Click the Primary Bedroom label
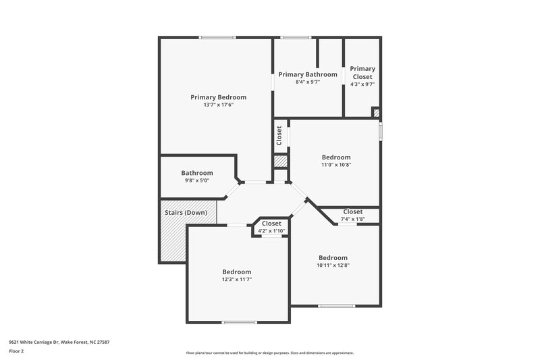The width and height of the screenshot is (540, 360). point(218,97)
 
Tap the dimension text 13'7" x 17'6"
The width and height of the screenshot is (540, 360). point(218,105)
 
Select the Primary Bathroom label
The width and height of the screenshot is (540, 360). point(308,74)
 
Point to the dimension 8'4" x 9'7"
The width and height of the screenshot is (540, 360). point(308,82)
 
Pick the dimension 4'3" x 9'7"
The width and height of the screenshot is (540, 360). point(362,84)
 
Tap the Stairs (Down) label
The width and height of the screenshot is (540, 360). point(186,213)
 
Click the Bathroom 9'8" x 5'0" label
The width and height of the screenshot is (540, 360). point(197,173)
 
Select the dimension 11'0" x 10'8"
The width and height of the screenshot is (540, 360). point(335,165)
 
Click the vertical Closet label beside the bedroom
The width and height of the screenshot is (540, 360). point(279,135)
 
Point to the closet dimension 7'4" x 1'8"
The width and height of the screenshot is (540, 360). point(353,220)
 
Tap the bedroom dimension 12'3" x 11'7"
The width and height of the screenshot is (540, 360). point(237,280)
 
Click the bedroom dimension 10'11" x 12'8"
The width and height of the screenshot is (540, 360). point(333,265)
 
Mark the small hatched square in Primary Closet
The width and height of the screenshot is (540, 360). point(376,113)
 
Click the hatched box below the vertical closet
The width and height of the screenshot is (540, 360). point(281,162)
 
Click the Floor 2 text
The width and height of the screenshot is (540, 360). point(17,352)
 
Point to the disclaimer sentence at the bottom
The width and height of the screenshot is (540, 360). point(269,353)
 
